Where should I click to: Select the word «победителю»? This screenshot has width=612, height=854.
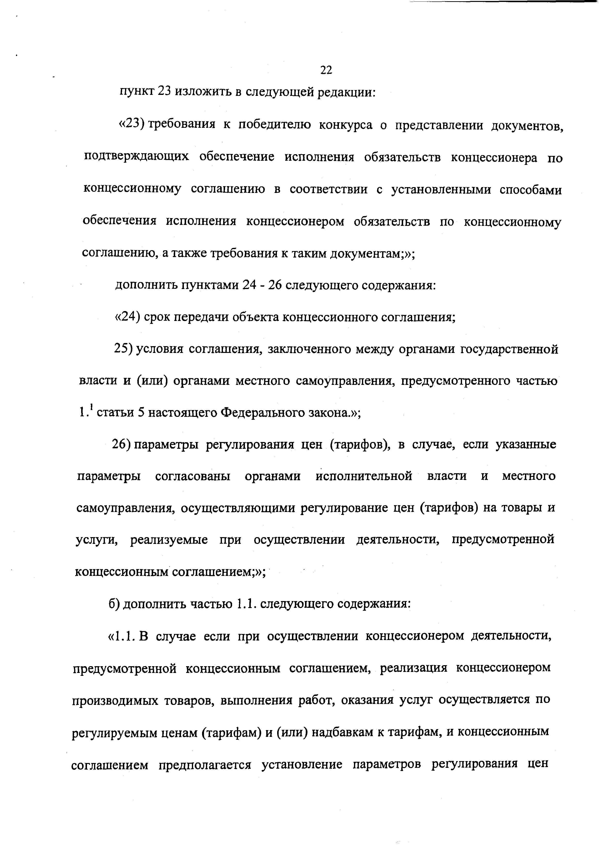point(275,125)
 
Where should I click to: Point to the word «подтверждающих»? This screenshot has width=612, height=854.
point(136,157)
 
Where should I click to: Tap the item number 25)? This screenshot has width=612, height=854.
point(123,350)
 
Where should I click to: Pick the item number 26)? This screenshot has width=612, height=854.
point(121,445)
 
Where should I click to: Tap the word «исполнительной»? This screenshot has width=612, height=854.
point(364,476)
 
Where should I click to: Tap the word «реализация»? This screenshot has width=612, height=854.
point(413,668)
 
